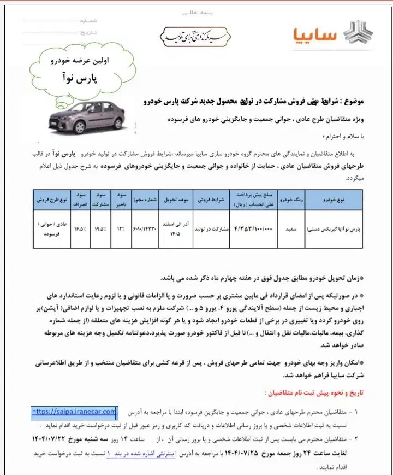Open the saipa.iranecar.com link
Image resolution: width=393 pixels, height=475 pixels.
pos(74,411)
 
